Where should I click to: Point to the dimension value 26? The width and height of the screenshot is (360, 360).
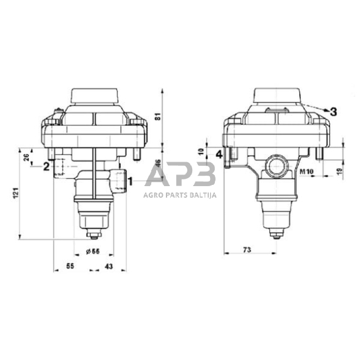26,157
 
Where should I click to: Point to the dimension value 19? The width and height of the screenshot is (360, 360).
340,171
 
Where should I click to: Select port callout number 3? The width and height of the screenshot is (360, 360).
333,111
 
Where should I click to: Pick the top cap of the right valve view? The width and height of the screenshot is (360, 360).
276,97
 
